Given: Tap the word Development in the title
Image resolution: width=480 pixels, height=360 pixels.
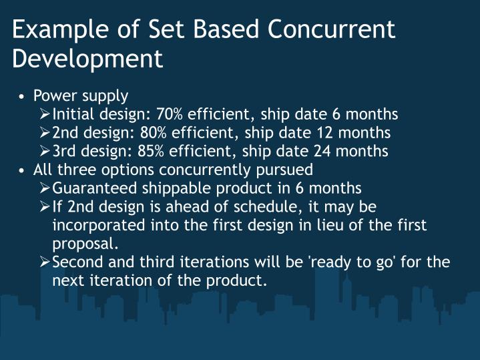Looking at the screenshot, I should (x=87, y=59).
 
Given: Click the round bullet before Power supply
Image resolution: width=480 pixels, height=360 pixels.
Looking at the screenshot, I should (x=23, y=97).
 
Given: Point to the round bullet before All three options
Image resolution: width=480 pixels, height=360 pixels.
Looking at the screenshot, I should (x=23, y=170).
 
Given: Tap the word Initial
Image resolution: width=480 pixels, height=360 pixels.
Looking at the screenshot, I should (x=74, y=114).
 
